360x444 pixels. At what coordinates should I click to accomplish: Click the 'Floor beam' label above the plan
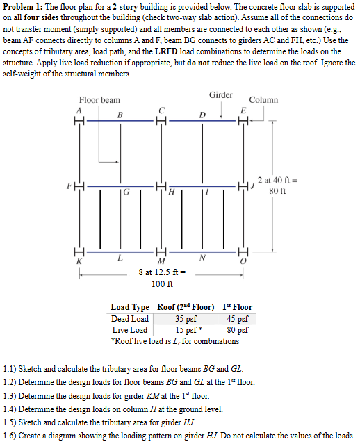pos(99,100)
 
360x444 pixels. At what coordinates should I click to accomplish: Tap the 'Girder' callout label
pos(220,94)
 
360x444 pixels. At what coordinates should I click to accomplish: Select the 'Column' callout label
pos(263,100)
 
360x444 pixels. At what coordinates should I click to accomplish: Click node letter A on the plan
pos(80,110)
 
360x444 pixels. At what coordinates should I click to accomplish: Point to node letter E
pos(243,110)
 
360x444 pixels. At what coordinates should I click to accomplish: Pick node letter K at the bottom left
pos(79,261)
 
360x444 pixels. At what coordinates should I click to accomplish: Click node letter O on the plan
pos(243,261)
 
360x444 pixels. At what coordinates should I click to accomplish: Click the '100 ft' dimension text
pos(162,283)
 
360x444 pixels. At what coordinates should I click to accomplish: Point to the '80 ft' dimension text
pos(278,190)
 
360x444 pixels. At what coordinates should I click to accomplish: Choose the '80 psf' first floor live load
pos(238,329)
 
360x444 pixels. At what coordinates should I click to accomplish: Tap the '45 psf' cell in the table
pos(238,319)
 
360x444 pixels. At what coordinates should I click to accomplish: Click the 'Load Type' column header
pos(131,307)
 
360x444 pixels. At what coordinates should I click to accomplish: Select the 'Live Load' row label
pos(130,329)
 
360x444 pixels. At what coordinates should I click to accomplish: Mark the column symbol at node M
pos(161,252)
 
